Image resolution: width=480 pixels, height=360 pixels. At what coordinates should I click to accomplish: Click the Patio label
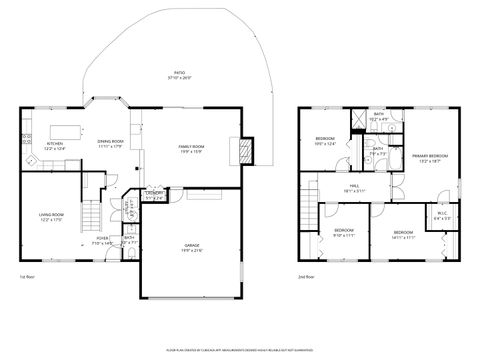click(x=180, y=75)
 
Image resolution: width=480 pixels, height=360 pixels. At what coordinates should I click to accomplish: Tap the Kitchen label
click(x=55, y=145)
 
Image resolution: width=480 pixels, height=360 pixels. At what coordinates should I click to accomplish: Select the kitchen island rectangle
click(x=64, y=128)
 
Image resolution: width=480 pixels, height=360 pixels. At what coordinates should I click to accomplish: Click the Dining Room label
click(x=110, y=144)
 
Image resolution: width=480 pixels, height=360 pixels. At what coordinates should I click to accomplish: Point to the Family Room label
click(x=191, y=149)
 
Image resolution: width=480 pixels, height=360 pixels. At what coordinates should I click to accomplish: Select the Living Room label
click(x=52, y=217)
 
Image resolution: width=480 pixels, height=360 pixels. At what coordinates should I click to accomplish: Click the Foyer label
click(x=104, y=240)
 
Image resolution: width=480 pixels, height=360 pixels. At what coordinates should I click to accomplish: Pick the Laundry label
click(x=155, y=195)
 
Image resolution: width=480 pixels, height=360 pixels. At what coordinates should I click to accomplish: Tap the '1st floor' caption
click(x=28, y=276)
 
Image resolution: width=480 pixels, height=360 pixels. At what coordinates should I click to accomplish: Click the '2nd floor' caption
click(x=304, y=276)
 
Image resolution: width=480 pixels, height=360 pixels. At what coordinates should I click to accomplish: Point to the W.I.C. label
click(x=443, y=214)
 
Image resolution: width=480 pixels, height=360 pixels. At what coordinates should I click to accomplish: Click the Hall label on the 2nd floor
click(x=354, y=187)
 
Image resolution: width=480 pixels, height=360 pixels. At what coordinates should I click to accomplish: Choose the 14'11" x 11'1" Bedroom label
click(x=404, y=234)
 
